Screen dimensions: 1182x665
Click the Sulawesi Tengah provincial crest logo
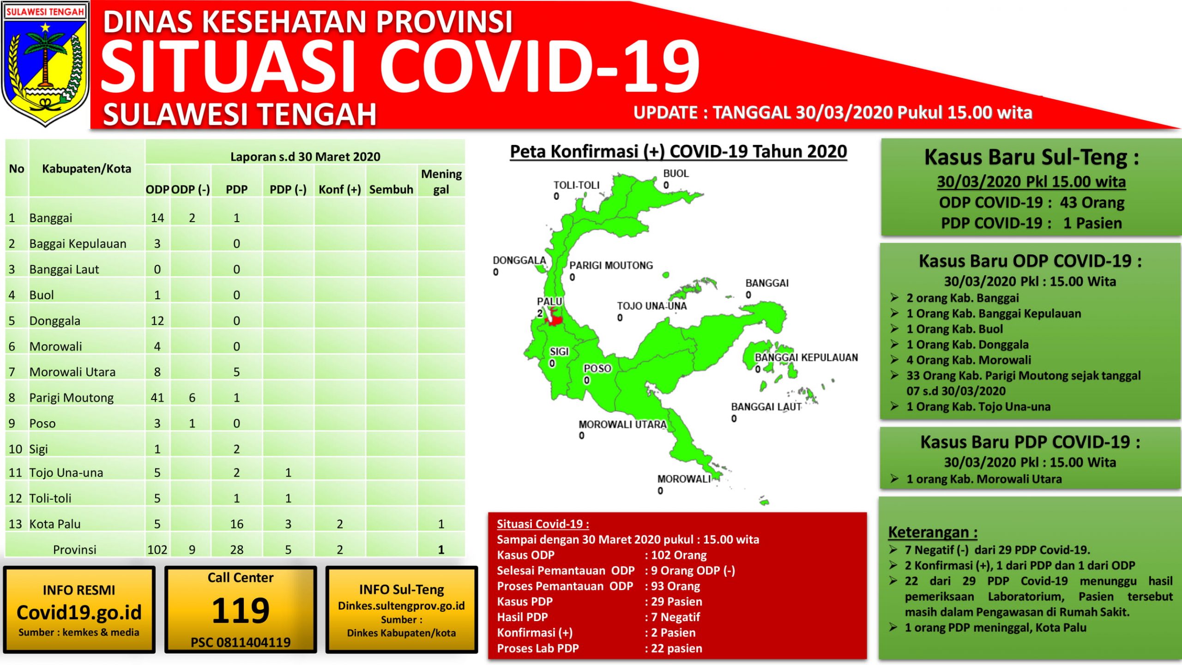(x=45, y=65)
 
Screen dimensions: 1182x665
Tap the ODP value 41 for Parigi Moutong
(x=157, y=398)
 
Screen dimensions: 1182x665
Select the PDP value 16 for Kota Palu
(x=236, y=524)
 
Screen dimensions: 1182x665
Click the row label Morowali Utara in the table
(x=72, y=372)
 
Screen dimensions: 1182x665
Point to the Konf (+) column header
(x=340, y=189)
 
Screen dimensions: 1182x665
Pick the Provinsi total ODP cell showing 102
(x=157, y=550)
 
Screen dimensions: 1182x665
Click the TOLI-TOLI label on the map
(x=576, y=185)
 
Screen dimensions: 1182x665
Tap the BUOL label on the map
(x=676, y=174)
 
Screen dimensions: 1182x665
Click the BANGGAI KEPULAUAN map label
(x=806, y=357)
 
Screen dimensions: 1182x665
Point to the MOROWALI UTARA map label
(x=623, y=424)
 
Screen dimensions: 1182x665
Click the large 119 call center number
(x=241, y=610)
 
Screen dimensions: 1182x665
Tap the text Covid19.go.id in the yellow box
(x=79, y=612)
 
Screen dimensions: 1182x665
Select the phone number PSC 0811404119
(x=241, y=642)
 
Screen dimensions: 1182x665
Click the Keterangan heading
(x=933, y=532)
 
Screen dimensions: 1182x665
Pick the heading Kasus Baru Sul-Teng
(x=1031, y=157)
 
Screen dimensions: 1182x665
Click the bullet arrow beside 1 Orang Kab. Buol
(x=894, y=329)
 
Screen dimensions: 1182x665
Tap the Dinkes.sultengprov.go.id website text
(x=401, y=606)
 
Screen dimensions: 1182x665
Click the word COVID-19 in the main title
(x=539, y=66)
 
